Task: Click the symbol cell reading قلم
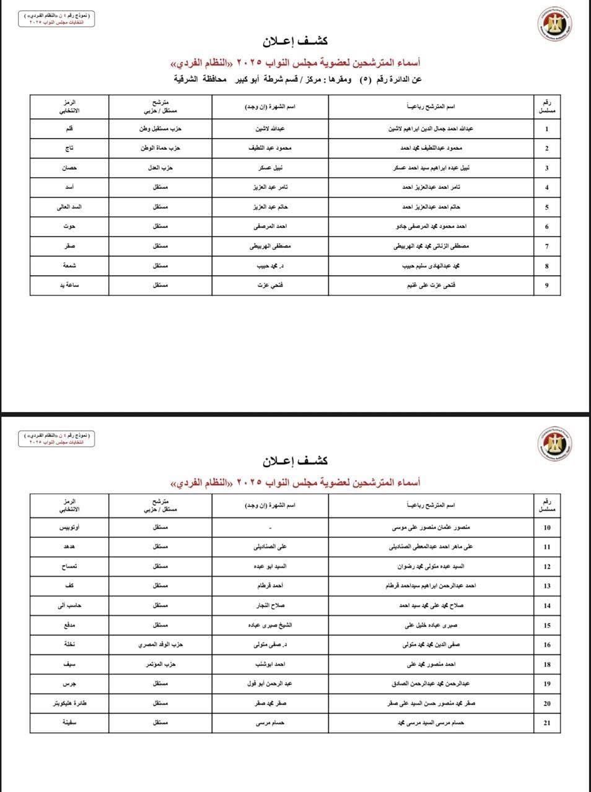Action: coord(69,129)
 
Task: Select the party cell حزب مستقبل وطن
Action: coord(160,129)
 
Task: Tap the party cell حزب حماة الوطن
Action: coord(160,148)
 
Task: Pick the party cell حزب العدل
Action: coord(160,168)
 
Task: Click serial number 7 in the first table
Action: coord(546,246)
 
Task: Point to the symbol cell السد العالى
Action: coord(69,207)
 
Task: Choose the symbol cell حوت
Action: coord(69,226)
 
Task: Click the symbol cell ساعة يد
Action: coord(69,285)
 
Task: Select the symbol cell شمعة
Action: coord(69,265)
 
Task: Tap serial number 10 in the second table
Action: coord(546,528)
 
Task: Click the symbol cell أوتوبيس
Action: coord(69,528)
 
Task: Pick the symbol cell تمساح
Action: coord(69,567)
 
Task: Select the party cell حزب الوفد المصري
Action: coord(160,645)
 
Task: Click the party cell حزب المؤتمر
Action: coord(160,665)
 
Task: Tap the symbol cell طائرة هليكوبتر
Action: coord(69,704)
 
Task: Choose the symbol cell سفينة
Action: coord(69,723)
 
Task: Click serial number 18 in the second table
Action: coord(546,665)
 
